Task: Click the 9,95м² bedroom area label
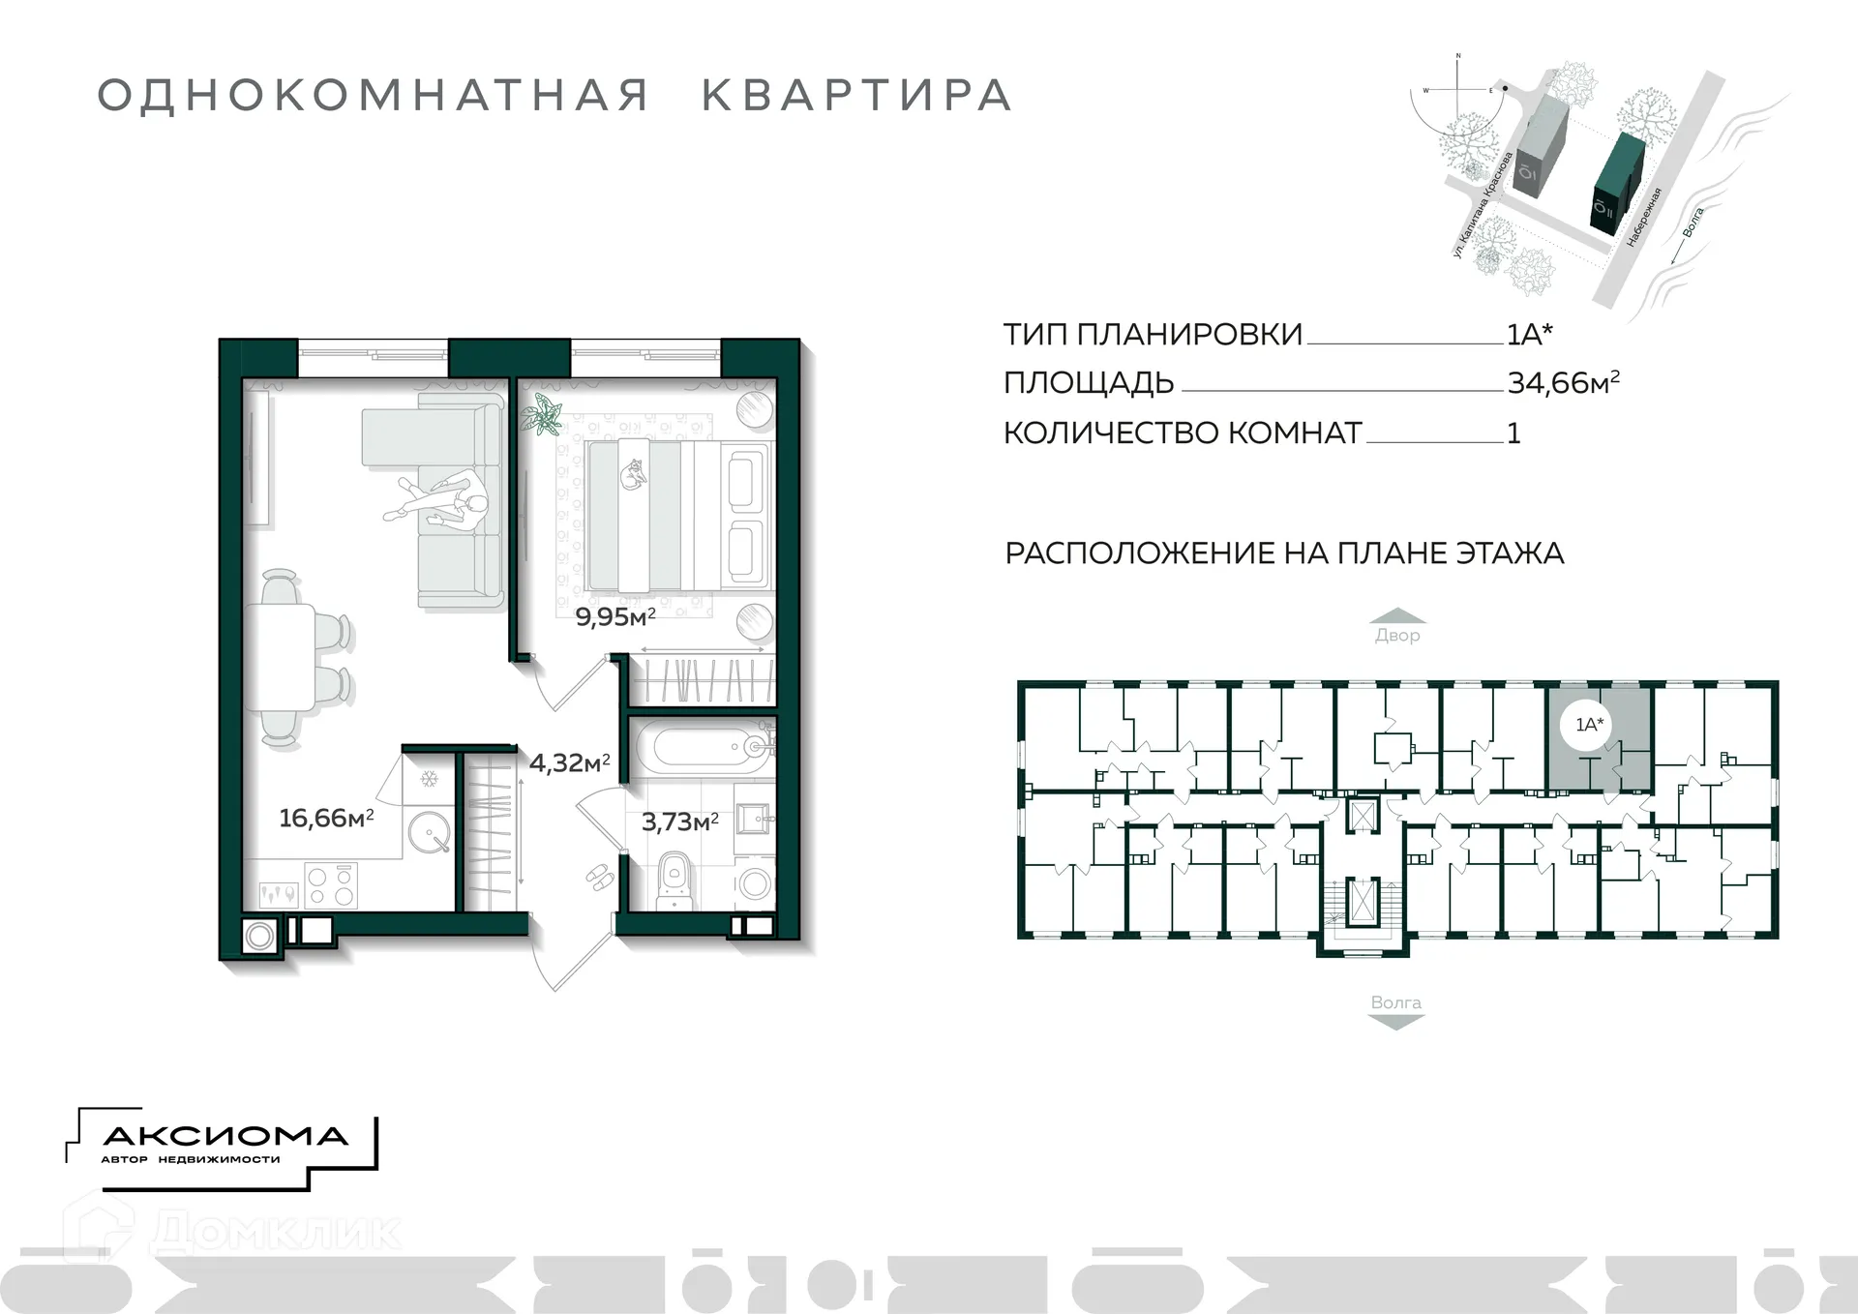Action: (615, 617)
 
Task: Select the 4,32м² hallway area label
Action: (569, 762)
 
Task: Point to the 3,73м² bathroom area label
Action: (680, 822)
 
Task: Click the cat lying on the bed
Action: (634, 475)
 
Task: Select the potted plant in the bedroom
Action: (543, 415)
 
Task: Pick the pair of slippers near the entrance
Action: (599, 877)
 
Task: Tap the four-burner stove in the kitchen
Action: (331, 884)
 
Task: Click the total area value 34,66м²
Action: (1563, 383)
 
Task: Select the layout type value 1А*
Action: (1530, 335)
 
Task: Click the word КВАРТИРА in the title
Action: (856, 96)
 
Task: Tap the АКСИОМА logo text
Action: (225, 1136)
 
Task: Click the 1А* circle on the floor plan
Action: (1589, 725)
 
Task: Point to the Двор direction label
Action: (1397, 636)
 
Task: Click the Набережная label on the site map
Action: (1644, 217)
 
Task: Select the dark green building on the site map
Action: (1616, 182)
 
